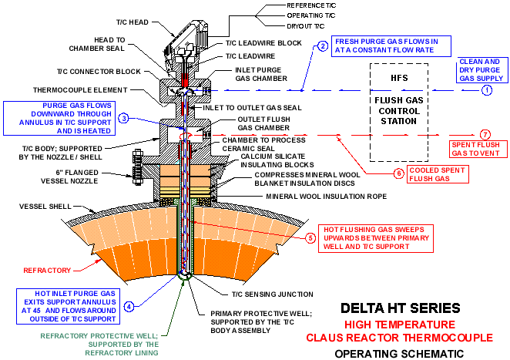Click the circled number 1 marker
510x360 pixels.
tap(486, 91)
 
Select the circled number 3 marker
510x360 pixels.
tap(123, 118)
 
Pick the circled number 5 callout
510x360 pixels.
tap(310, 237)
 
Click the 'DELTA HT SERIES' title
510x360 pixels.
tap(400, 308)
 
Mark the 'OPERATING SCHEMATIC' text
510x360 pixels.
tap(399, 353)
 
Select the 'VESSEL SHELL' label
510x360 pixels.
tap(45, 207)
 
